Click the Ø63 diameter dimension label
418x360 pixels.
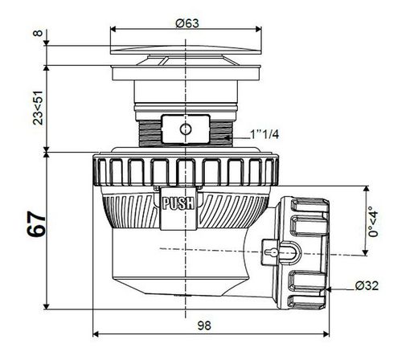[x=187, y=23]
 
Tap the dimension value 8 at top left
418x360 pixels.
[x=39, y=33]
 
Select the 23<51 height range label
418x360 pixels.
[x=38, y=108]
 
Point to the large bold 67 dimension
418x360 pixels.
[x=36, y=224]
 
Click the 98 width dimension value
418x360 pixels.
[x=204, y=325]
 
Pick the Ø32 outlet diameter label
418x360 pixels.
[x=367, y=286]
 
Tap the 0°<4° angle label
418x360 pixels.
[x=373, y=222]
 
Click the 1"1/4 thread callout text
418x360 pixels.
[x=264, y=134]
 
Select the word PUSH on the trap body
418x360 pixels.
[x=178, y=203]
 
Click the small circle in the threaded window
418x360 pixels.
[x=185, y=129]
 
